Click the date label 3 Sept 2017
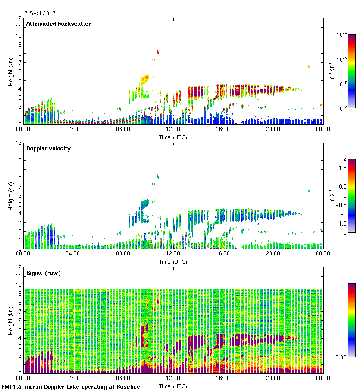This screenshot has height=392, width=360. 40,13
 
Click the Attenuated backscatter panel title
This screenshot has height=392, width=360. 59,24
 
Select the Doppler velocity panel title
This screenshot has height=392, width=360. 48,148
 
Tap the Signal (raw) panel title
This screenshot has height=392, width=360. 43,273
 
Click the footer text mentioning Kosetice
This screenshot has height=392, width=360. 71,387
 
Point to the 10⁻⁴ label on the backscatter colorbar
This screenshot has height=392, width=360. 342,35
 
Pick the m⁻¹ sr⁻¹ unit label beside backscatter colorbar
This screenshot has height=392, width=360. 332,71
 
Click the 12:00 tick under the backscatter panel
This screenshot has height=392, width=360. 173,130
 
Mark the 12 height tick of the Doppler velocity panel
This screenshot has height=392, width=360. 18,143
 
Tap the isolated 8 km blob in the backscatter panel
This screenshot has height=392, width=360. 158,52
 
